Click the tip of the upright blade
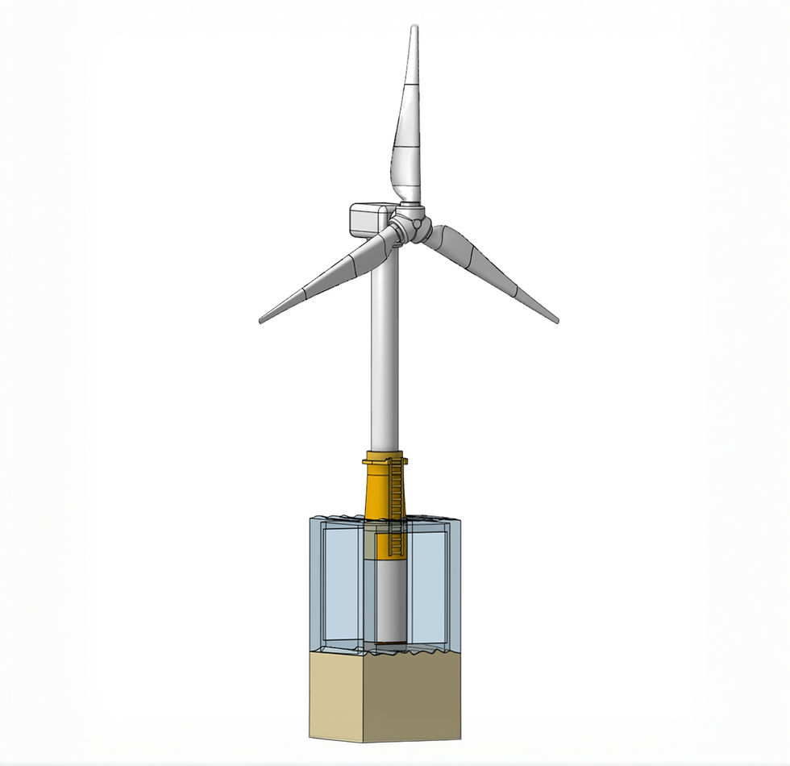coord(414,28)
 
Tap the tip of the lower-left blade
coord(261,320)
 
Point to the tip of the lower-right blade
coord(555,320)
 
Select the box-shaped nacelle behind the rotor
coord(368,219)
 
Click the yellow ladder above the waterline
coord(395,488)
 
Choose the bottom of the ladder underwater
coord(394,550)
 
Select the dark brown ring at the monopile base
coord(390,642)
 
